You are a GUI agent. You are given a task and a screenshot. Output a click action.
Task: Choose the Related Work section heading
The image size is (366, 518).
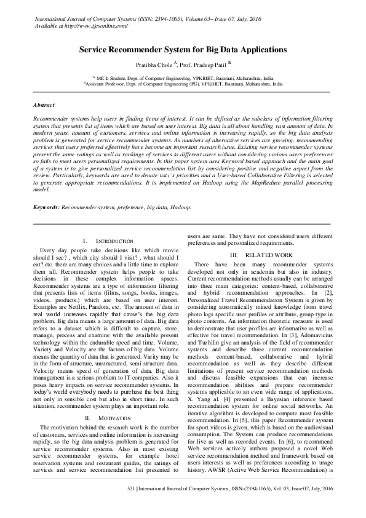coord(265,255)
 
